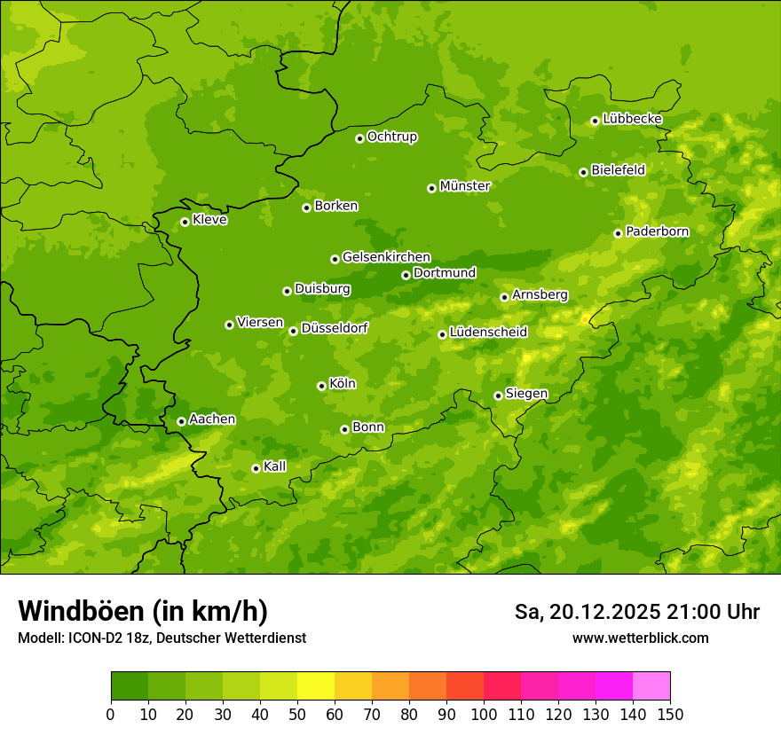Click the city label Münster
click(x=465, y=186)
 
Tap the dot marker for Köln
click(x=321, y=386)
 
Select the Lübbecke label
click(x=632, y=119)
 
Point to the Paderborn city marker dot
click(x=618, y=233)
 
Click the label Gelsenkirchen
click(x=386, y=257)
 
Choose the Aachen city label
click(x=212, y=419)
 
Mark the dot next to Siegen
click(x=498, y=395)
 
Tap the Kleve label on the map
click(x=209, y=220)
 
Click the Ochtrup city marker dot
click(x=359, y=138)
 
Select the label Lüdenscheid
click(x=488, y=333)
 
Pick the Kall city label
click(x=274, y=466)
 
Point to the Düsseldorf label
click(x=334, y=328)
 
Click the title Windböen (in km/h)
click(x=143, y=611)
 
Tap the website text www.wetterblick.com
click(x=640, y=638)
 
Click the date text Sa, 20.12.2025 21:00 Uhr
click(x=636, y=612)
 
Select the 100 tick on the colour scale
click(x=484, y=714)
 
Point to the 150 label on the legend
click(x=670, y=714)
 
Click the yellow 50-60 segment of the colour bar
click(x=316, y=686)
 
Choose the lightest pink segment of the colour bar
click(x=651, y=686)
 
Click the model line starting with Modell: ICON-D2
click(x=162, y=638)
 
